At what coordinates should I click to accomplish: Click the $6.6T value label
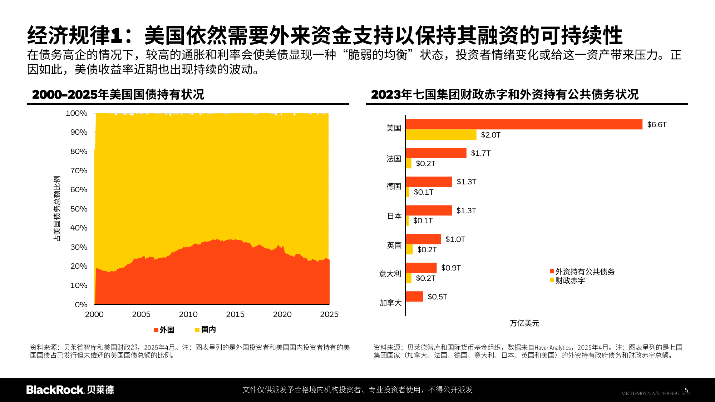pos(656,124)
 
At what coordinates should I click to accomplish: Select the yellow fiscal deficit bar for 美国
pos(441,135)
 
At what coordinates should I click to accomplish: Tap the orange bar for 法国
pos(436,153)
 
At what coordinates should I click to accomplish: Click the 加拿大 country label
pos(390,303)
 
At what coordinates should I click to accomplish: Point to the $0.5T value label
pos(437,297)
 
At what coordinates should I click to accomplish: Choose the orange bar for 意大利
pos(421,268)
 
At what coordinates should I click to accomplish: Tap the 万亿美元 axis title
pos(524,323)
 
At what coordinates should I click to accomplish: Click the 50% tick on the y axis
pos(79,209)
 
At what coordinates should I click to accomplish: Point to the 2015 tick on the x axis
pos(235,314)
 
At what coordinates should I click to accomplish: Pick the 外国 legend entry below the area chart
pos(164,330)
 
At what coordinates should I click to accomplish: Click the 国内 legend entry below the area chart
pos(206,329)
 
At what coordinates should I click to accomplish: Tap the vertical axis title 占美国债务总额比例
pos(57,208)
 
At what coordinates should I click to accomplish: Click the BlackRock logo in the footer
pos(70,389)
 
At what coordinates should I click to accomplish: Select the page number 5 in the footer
pos(686,390)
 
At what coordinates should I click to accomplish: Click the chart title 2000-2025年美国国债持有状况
pos(118,94)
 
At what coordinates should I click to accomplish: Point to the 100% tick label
pos(77,113)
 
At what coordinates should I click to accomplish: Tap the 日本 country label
pos(394,216)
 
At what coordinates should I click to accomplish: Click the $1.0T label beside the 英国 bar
pos(455,239)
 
